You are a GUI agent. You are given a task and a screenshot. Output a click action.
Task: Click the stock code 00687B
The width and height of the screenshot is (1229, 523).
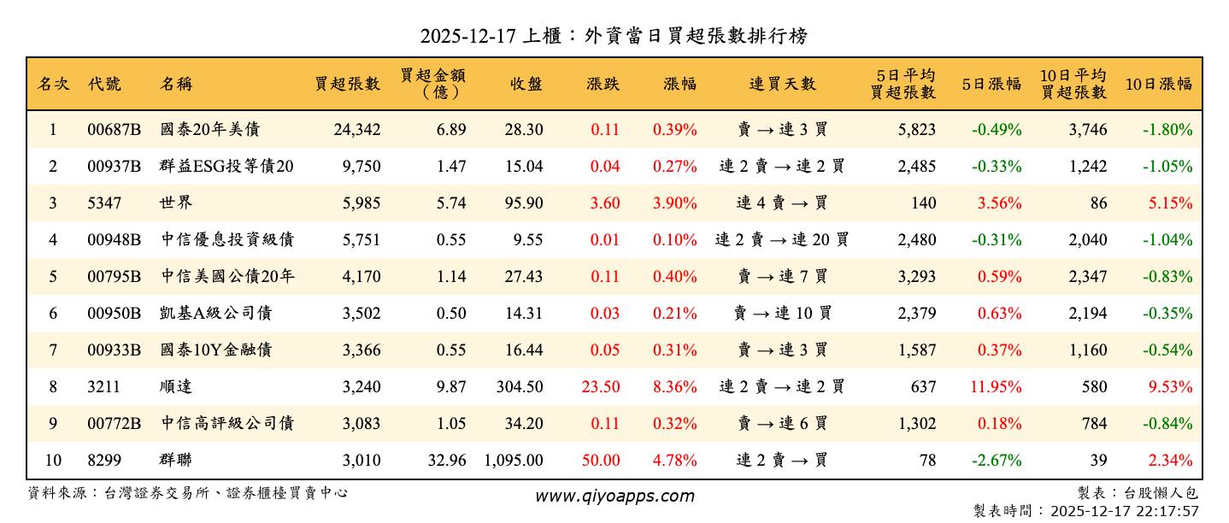pos(113,130)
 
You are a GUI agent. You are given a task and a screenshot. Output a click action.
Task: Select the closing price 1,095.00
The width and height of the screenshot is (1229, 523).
pos(513,461)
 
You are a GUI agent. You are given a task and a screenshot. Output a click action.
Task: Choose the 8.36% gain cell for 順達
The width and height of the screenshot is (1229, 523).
pos(674,387)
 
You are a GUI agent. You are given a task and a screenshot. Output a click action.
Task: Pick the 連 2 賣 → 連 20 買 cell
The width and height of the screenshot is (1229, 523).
pos(781,240)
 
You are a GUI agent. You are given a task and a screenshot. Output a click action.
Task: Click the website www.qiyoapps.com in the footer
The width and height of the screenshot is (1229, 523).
pos(614,496)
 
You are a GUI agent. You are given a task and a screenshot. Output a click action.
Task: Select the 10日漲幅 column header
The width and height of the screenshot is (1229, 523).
pos(1158,84)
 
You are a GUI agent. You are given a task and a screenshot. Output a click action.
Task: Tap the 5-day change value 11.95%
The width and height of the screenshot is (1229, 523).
pos(996,387)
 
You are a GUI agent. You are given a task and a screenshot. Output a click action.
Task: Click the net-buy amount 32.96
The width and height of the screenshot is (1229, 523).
pos(447,461)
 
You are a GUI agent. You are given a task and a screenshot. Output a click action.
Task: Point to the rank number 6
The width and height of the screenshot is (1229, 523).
pos(53,314)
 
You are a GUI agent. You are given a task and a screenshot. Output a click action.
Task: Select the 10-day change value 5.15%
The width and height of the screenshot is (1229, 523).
pos(1170,203)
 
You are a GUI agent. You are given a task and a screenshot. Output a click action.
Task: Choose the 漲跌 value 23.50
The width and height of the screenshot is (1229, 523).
pos(601,387)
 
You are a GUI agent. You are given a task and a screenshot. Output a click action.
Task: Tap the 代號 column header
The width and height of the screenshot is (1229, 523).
pos(104,84)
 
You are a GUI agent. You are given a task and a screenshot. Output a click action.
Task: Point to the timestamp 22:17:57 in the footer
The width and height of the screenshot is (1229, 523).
pos(1166,510)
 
